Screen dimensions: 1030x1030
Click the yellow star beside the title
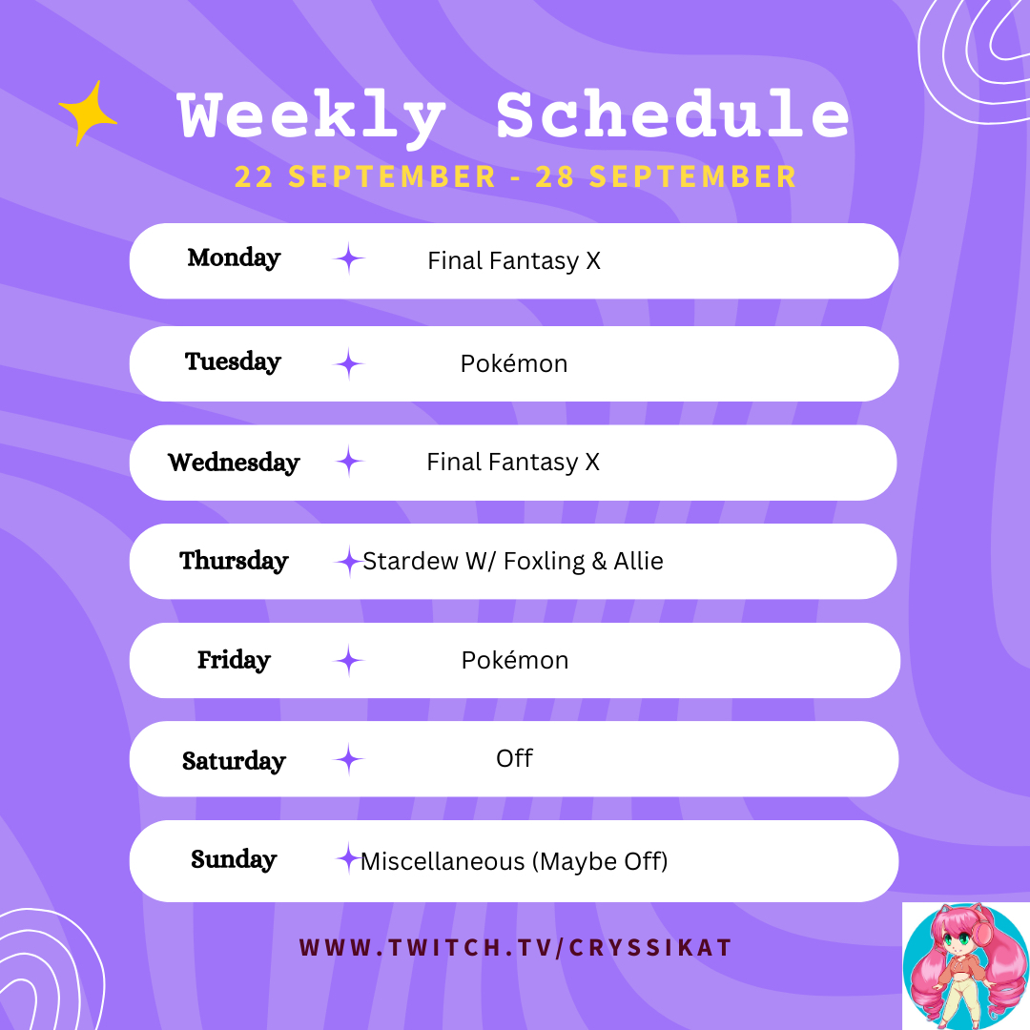[88, 113]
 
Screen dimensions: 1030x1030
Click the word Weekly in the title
[311, 116]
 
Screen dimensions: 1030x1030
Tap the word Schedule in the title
[673, 114]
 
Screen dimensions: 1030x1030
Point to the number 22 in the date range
[254, 176]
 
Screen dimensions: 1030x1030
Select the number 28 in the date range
[554, 176]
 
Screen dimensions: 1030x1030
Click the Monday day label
[234, 258]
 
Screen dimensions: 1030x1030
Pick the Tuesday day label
[234, 362]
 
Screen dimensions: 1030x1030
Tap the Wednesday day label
[234, 463]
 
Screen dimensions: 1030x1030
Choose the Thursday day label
[234, 561]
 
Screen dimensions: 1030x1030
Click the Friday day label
[234, 660]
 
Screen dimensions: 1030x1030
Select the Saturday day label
[234, 761]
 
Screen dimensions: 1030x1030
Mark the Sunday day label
[234, 860]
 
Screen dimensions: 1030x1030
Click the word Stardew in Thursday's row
[410, 562]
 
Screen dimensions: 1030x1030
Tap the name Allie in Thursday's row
[638, 561]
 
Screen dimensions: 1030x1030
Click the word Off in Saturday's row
[514, 758]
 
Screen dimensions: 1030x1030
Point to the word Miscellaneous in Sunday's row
[443, 861]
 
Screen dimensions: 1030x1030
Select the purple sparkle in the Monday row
[349, 258]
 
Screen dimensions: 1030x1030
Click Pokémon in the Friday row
[515, 660]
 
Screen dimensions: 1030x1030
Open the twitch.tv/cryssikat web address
[516, 948]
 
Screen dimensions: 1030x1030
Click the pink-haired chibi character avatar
[965, 966]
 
